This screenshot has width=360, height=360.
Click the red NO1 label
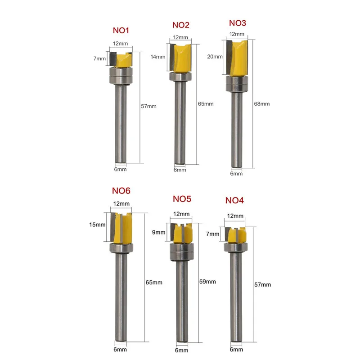tap(121, 30)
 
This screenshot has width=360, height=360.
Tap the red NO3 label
tap(238, 23)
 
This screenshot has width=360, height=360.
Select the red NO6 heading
tap(121, 191)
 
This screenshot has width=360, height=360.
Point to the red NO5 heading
tap(182, 199)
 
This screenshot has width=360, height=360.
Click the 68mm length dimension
tap(262, 104)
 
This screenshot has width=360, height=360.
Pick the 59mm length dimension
tap(207, 282)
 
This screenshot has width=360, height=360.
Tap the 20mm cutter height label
tap(215, 57)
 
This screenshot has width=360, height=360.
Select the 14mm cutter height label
tap(158, 57)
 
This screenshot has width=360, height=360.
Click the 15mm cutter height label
tap(97, 225)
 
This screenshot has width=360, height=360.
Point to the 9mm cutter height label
tap(159, 232)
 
